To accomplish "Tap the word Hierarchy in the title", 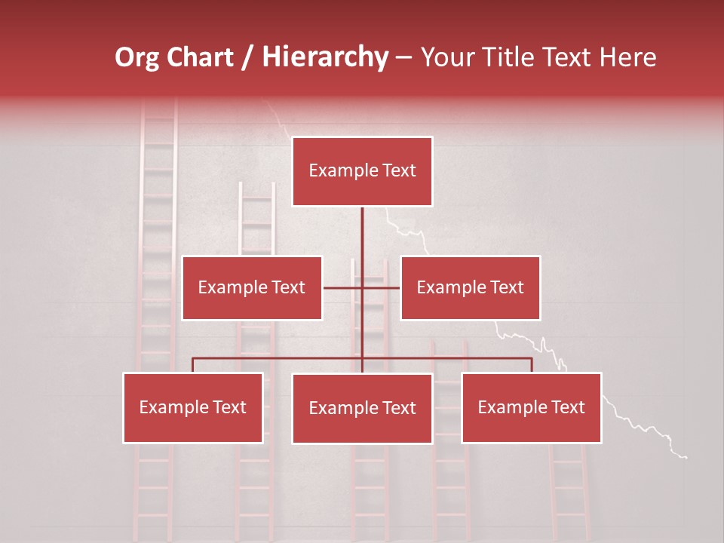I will click(325, 57).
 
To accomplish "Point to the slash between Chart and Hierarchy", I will click(247, 57).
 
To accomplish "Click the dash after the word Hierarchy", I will click(403, 58).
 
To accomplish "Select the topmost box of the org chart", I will click(362, 171).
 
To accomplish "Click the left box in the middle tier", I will click(252, 287).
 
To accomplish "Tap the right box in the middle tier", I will click(470, 287).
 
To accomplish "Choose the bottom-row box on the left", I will click(193, 407).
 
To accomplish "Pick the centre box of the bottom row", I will click(362, 408).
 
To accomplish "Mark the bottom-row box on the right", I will click(531, 407).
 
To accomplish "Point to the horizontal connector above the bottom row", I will click(279, 358).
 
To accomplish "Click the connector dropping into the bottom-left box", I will click(193, 365).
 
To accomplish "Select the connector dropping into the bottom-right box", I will click(531, 365).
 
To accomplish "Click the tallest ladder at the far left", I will click(158, 226).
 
